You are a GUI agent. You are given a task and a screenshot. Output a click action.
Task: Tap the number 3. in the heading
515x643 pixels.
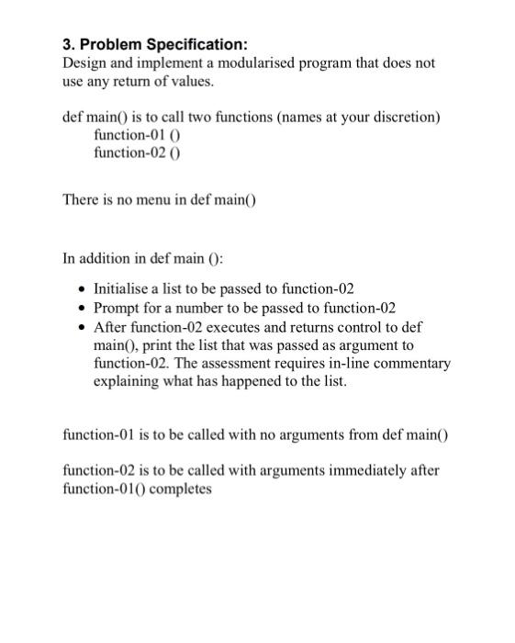(69, 44)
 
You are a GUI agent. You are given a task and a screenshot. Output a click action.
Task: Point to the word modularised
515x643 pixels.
(268, 63)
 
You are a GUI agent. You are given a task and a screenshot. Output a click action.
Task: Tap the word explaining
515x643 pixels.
(129, 381)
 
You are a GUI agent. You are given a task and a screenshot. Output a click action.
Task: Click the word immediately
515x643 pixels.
(353, 470)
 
